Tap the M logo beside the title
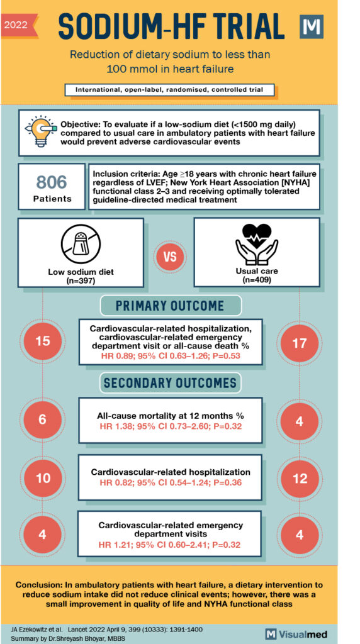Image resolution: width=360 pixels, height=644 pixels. pyautogui.click(x=312, y=28)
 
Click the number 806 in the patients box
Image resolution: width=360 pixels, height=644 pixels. pyautogui.click(x=51, y=182)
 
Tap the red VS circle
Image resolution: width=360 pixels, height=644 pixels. pyautogui.click(x=169, y=258)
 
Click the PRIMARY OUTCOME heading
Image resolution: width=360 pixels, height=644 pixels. pyautogui.click(x=171, y=306)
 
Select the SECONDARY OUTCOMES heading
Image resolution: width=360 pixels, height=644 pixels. pyautogui.click(x=171, y=382)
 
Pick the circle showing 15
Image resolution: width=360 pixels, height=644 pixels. pyautogui.click(x=42, y=341)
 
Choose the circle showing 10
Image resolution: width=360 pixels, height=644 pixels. pyautogui.click(x=42, y=478)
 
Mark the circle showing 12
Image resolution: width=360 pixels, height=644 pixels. pyautogui.click(x=300, y=479)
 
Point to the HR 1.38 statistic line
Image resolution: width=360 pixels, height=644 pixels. pyautogui.click(x=171, y=427)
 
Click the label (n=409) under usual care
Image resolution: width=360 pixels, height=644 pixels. pyautogui.click(x=256, y=279)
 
